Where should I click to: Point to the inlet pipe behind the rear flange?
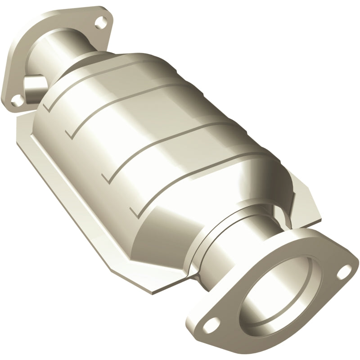pos(67,49)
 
